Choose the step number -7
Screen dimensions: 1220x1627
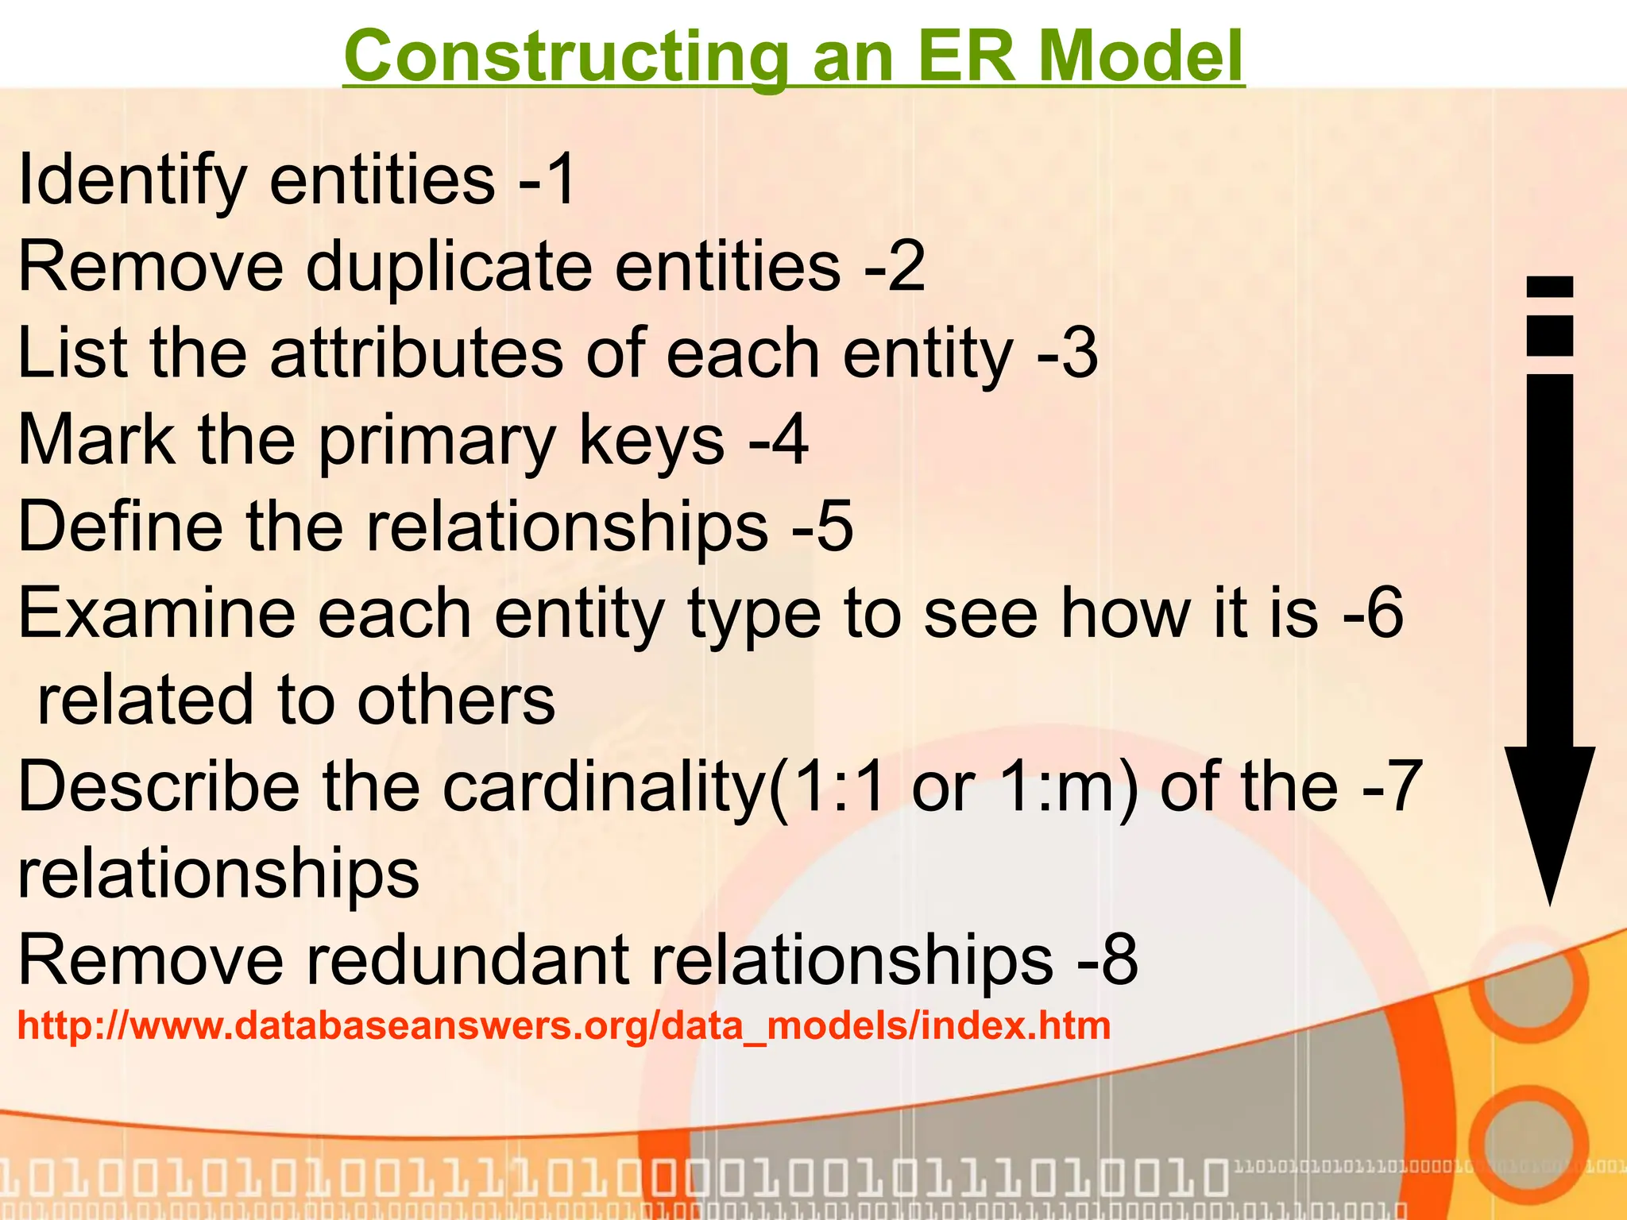click(1391, 786)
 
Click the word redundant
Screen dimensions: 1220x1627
click(469, 959)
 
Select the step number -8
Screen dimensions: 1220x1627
click(1107, 959)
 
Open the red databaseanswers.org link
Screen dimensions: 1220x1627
click(564, 1025)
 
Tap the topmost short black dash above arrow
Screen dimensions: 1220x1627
click(1550, 287)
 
